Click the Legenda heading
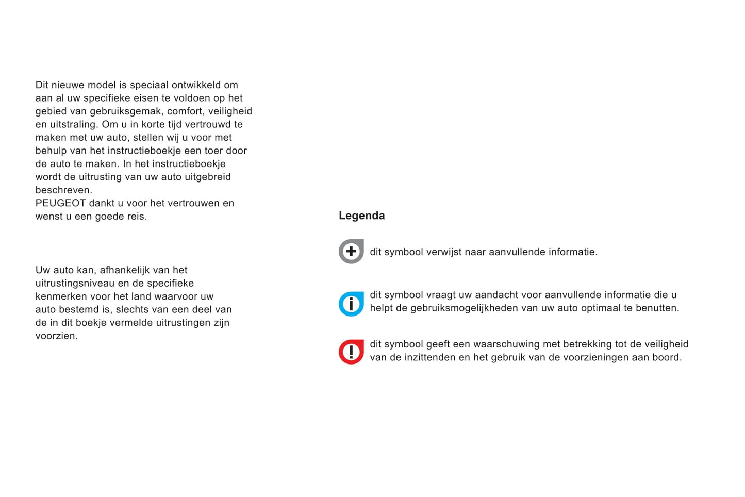361,216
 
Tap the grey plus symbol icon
351,252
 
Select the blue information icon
351,304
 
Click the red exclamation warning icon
351,352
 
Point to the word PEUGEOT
60,203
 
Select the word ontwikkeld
196,85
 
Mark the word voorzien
56,336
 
